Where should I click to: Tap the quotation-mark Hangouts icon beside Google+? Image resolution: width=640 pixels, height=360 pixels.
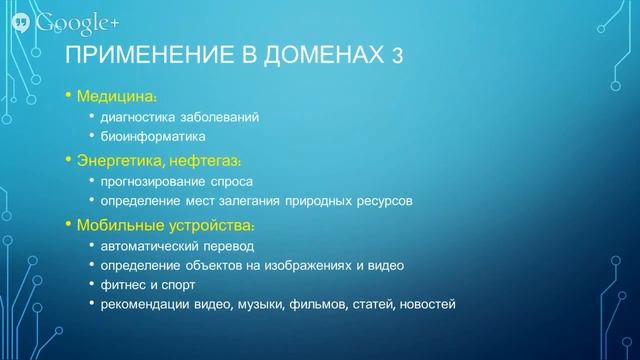click(22, 22)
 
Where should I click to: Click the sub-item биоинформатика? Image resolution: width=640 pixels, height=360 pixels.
click(152, 137)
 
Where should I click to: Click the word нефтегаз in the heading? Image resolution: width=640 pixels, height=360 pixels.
click(205, 160)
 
